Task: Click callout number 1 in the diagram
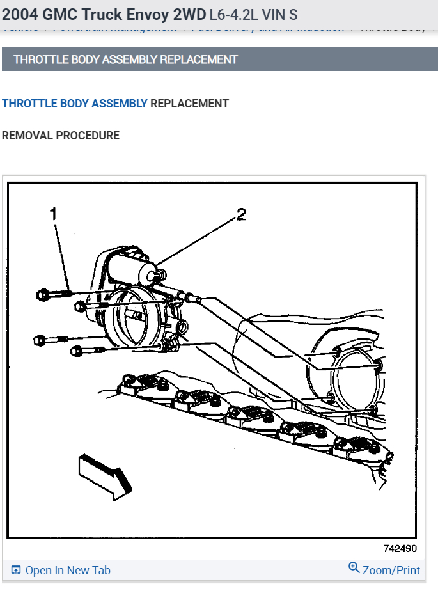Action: [54, 214]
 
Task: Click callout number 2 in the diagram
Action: [241, 215]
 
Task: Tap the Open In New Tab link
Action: [67, 571]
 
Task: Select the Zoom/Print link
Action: [391, 571]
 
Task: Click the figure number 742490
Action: [400, 549]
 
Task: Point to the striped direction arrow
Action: [104, 475]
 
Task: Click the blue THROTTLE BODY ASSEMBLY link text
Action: [75, 103]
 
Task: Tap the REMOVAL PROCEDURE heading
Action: [61, 136]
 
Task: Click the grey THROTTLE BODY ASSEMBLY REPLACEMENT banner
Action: [125, 59]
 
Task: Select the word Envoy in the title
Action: [137, 14]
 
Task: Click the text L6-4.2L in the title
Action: [233, 14]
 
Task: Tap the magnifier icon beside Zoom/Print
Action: [354, 568]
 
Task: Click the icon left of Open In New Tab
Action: [16, 571]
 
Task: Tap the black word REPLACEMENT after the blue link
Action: [189, 103]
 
